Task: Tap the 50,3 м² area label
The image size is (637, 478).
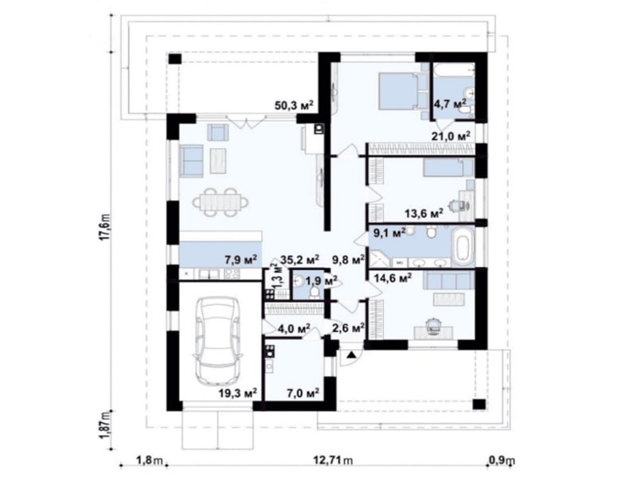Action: (x=294, y=106)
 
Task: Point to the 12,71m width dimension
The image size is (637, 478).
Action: (x=333, y=460)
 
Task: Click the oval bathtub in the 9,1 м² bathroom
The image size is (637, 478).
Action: (x=463, y=247)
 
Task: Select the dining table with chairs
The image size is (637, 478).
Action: (x=221, y=202)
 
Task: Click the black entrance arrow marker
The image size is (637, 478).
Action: (x=351, y=355)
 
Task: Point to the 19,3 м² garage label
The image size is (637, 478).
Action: (x=237, y=393)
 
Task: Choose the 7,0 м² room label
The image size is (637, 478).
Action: (x=302, y=393)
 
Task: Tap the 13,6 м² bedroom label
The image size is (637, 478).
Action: (x=424, y=213)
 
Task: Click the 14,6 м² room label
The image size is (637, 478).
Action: (x=393, y=278)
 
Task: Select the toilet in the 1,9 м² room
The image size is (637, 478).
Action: (x=314, y=292)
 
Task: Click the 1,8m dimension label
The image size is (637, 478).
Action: (x=149, y=460)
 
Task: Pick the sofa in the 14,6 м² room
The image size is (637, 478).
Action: (x=448, y=280)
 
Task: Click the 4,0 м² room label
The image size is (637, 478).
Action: (x=294, y=327)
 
